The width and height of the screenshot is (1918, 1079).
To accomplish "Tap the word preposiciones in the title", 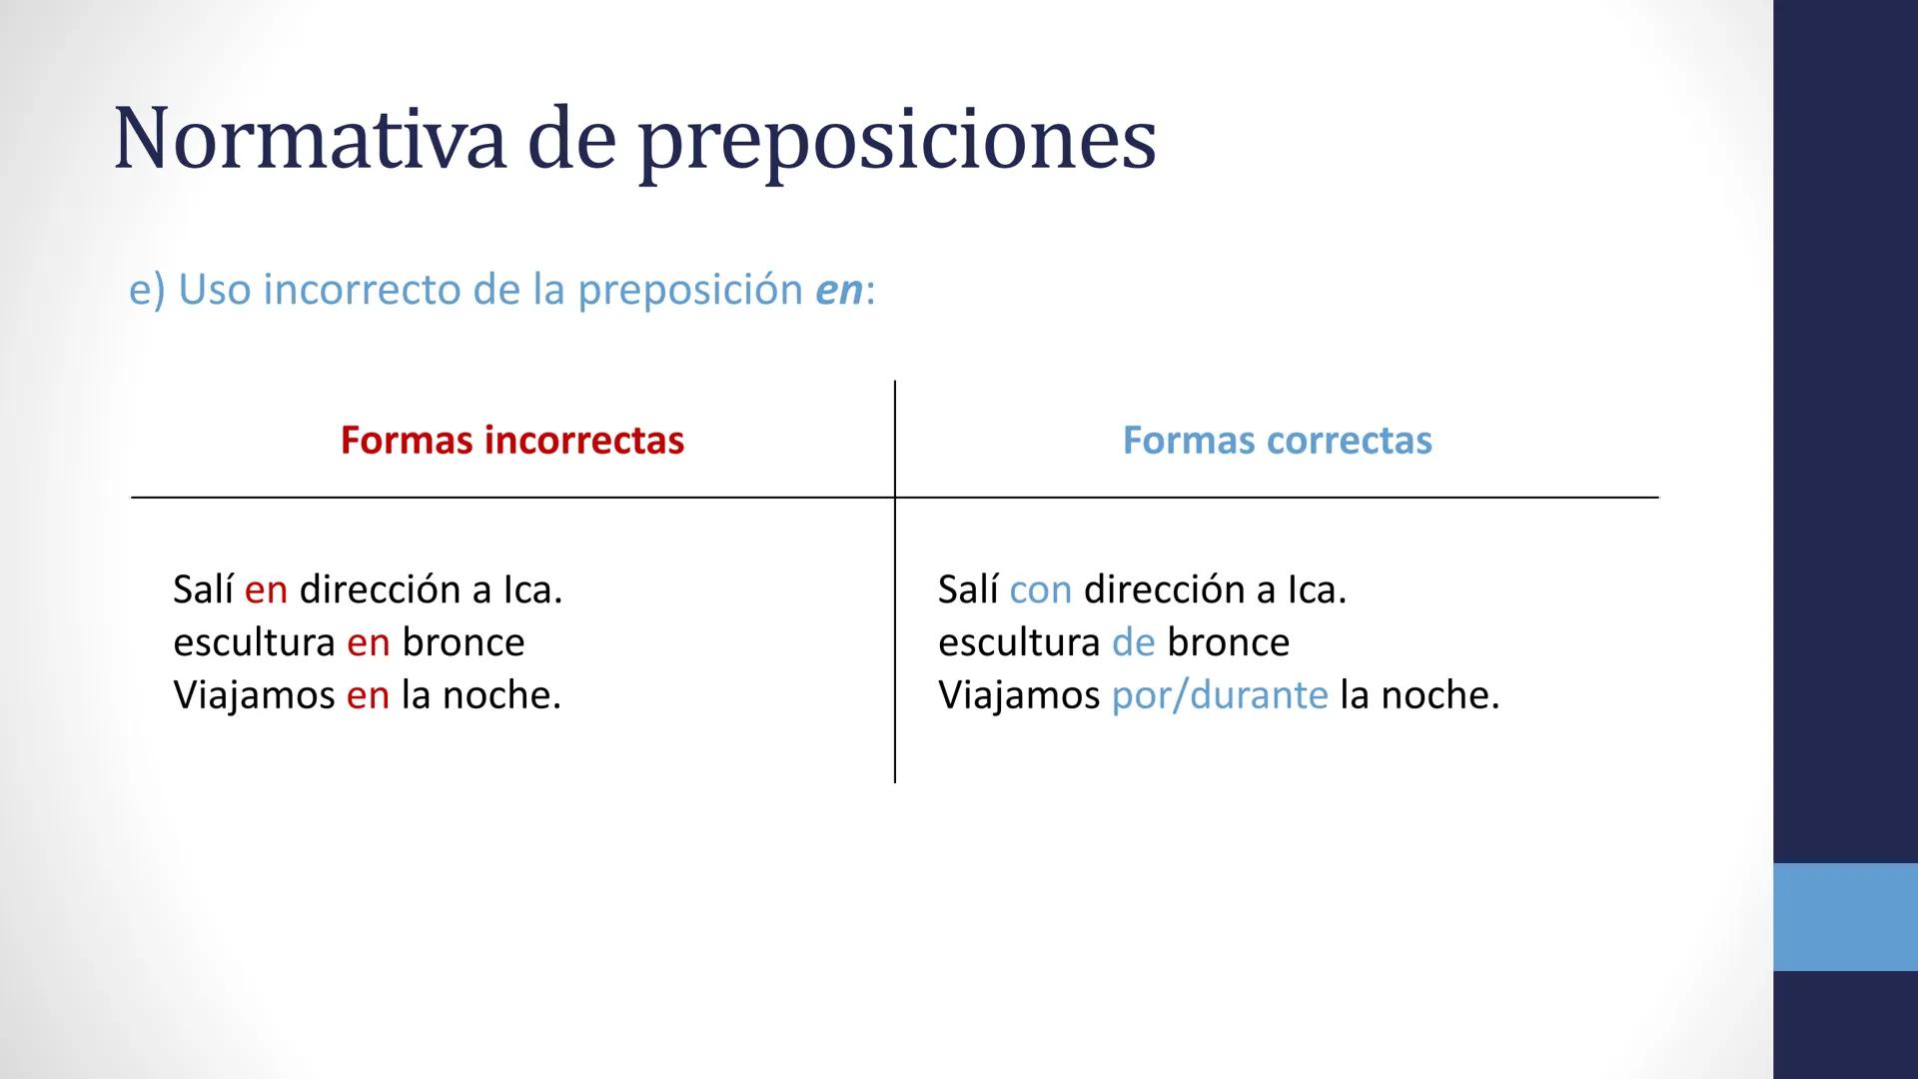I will [896, 140].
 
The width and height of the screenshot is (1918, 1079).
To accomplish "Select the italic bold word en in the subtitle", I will [838, 290].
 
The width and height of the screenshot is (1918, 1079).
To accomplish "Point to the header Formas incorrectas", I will [511, 440].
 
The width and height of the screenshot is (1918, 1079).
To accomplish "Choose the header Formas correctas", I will [1277, 440].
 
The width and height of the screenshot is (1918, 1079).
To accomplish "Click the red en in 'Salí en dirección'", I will [266, 589].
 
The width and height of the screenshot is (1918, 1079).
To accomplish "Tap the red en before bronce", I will [368, 642].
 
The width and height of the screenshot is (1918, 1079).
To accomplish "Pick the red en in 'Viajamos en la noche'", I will [368, 695].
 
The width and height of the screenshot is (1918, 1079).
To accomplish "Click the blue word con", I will [1040, 589].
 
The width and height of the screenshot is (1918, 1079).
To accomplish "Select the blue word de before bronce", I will [1133, 642].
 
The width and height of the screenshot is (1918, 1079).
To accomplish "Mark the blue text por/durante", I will [1219, 695].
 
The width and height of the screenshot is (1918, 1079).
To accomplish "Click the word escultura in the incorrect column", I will [254, 642].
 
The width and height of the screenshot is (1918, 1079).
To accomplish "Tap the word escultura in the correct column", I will [1019, 642].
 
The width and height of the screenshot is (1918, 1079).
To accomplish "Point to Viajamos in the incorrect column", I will [254, 695].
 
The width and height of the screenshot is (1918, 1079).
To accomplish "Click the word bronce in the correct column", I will [1228, 642].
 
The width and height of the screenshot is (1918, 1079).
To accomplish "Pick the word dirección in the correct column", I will [1164, 589].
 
